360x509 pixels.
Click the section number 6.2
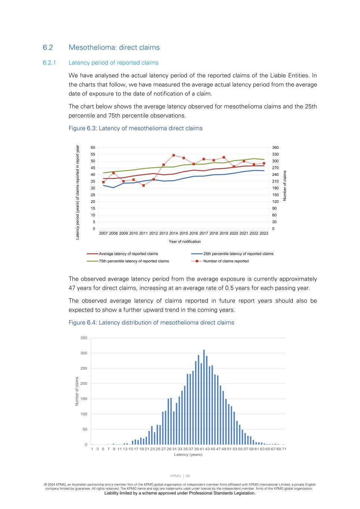tap(48, 47)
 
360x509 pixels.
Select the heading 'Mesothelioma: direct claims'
tap(114, 47)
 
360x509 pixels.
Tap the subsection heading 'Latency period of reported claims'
tap(113, 63)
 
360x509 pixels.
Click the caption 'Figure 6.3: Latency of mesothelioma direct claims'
tap(135, 128)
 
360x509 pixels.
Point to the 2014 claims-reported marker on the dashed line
tap(173, 155)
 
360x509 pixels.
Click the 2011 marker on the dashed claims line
tap(143, 185)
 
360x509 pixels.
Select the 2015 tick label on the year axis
tap(184, 233)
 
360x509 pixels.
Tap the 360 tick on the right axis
tap(275, 148)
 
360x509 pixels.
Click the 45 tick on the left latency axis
tap(93, 168)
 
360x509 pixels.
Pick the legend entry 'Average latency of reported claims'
tap(128, 254)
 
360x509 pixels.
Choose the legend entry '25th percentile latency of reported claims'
tap(238, 254)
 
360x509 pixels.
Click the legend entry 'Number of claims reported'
tap(226, 261)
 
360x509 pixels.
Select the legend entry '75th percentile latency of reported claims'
tap(134, 261)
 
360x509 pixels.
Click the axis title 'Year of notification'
tap(185, 242)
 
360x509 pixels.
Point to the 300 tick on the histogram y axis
tap(84, 353)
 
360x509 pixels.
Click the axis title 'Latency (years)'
tap(188, 454)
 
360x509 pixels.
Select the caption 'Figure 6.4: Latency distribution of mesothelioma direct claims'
tap(151, 323)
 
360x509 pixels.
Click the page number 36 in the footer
tap(187, 476)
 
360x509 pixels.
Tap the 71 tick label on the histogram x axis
tap(284, 449)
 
